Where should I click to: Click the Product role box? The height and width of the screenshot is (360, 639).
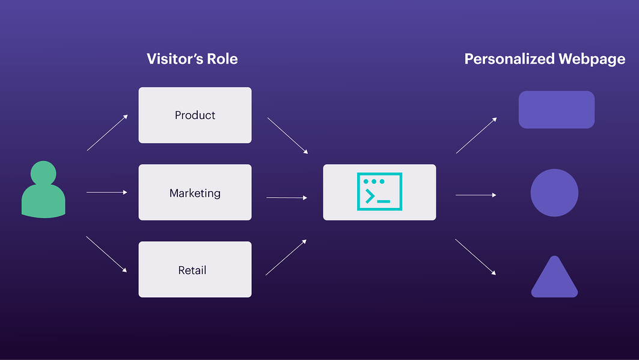[x=195, y=115]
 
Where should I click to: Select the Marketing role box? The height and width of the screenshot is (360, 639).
[x=195, y=192]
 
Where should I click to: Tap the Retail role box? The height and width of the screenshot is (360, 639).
[x=195, y=269]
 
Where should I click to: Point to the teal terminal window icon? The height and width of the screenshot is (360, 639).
[x=379, y=192]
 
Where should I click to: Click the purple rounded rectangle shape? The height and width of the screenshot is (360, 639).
[x=556, y=109]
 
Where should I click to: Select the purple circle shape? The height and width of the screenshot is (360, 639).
[x=554, y=193]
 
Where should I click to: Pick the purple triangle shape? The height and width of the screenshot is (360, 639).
[x=554, y=279]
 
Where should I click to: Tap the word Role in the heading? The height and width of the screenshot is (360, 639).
[x=222, y=59]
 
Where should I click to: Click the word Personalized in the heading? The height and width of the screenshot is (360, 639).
[x=509, y=59]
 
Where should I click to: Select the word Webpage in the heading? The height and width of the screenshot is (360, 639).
[x=592, y=59]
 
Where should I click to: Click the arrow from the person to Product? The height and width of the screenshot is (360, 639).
[x=107, y=132]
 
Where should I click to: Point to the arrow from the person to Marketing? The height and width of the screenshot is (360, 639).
[x=107, y=192]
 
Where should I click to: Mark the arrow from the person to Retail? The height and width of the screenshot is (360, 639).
[x=107, y=254]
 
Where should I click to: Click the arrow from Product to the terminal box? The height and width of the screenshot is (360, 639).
[x=287, y=135]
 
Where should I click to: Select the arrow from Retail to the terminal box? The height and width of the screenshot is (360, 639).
[x=286, y=257]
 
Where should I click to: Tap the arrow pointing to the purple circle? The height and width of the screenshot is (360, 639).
[x=475, y=195]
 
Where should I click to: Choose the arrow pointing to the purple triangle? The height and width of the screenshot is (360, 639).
[x=475, y=257]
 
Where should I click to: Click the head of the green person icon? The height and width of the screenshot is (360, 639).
[x=43, y=172]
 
